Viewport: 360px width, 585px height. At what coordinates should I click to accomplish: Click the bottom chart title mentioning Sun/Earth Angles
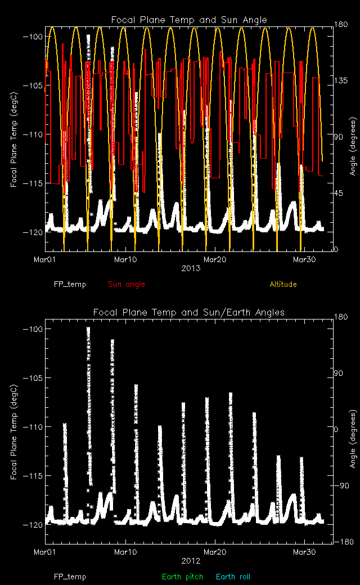coord(188,312)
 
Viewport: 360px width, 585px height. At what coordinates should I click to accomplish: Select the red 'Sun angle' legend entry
coord(127,284)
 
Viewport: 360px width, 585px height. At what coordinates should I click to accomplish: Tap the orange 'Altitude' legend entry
coord(283,284)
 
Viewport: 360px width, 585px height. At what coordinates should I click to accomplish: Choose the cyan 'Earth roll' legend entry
coord(233,577)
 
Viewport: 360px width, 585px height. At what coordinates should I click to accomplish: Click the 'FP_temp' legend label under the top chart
coord(70,284)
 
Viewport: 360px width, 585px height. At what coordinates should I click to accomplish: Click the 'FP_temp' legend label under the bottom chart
coord(70,577)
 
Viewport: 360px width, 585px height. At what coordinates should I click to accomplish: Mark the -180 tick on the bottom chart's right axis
coord(345,542)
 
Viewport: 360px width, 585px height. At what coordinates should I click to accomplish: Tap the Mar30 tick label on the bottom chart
coord(304,552)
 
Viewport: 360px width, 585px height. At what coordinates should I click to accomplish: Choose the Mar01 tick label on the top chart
coord(46,259)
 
